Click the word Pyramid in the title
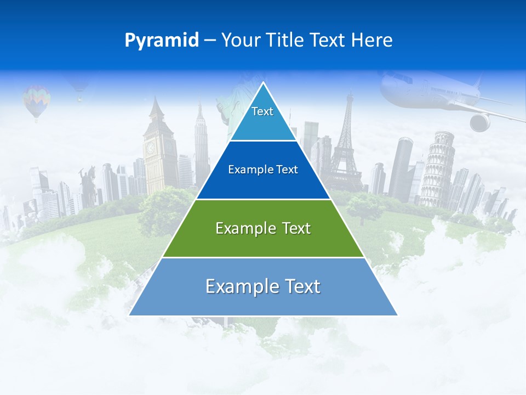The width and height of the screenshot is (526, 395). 161,41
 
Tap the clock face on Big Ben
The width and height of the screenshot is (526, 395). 150,148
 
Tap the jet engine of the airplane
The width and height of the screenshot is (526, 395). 480,122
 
